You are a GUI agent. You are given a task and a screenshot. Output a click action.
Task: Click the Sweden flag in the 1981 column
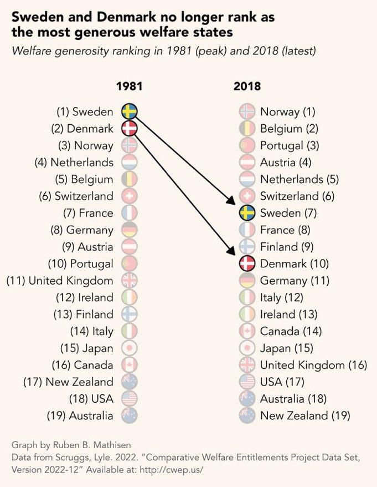point(129,111)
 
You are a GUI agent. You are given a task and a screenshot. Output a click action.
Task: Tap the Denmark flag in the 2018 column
point(247,263)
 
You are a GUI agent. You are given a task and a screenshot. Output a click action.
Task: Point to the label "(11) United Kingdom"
point(60,281)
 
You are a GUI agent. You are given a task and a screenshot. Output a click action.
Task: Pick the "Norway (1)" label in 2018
point(287,111)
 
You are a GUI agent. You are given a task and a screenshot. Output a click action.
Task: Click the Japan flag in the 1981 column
point(129,348)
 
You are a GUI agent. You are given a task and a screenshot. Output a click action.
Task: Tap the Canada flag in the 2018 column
point(247,331)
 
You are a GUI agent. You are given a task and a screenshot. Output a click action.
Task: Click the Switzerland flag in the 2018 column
point(247,196)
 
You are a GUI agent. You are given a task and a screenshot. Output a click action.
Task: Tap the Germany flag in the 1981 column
point(129,230)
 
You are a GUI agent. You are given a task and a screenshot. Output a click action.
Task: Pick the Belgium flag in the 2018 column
point(247,129)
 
